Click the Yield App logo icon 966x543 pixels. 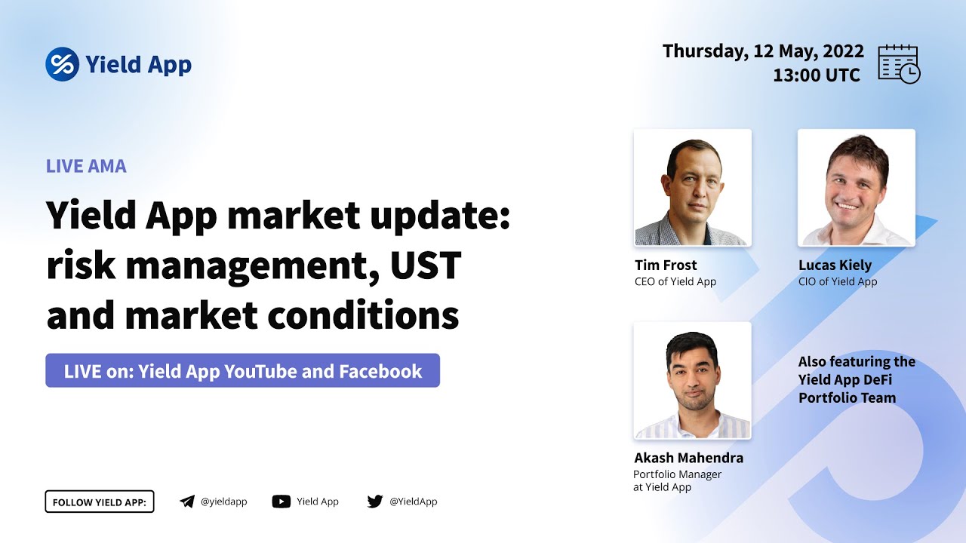click(x=63, y=65)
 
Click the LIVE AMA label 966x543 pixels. click(x=86, y=166)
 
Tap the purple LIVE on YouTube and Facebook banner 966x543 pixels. click(x=242, y=371)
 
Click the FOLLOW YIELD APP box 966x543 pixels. click(x=100, y=502)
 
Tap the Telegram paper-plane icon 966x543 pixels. click(x=187, y=502)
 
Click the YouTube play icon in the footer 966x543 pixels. click(x=281, y=502)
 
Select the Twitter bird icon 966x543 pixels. click(x=375, y=502)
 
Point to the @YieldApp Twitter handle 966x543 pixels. click(x=413, y=502)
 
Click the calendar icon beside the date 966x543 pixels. click(x=899, y=63)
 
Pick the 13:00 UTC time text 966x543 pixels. click(x=817, y=75)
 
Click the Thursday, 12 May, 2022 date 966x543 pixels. click(x=763, y=51)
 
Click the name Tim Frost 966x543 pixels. click(x=666, y=265)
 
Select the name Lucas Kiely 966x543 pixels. click(x=835, y=265)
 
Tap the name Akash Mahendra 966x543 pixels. click(x=688, y=458)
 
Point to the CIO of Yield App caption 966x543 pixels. click(x=838, y=282)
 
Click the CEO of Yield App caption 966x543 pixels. click(x=675, y=282)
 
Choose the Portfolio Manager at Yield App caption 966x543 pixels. click(x=678, y=480)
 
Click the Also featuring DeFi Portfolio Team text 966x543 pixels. click(x=857, y=379)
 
